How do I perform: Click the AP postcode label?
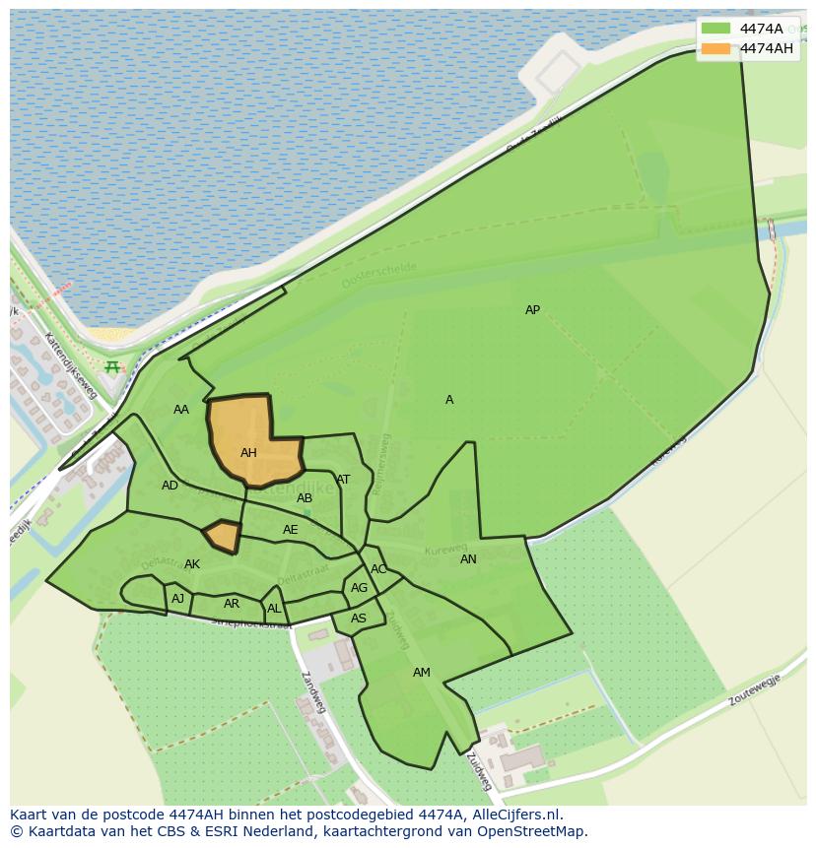pyautogui.click(x=532, y=310)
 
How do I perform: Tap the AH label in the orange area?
pyautogui.click(x=248, y=453)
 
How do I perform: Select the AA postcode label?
pyautogui.click(x=181, y=410)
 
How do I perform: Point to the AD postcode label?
pyautogui.click(x=170, y=486)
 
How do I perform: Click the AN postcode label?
pyautogui.click(x=468, y=559)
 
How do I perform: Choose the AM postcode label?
pyautogui.click(x=421, y=673)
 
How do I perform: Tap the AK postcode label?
pyautogui.click(x=192, y=564)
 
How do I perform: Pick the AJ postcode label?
pyautogui.click(x=177, y=599)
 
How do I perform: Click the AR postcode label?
pyautogui.click(x=232, y=604)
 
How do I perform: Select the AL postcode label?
pyautogui.click(x=274, y=609)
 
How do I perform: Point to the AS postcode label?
pyautogui.click(x=359, y=619)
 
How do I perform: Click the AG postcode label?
pyautogui.click(x=359, y=588)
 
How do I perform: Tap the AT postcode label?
pyautogui.click(x=343, y=480)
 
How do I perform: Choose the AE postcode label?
pyautogui.click(x=290, y=530)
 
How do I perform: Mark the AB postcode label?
pyautogui.click(x=305, y=498)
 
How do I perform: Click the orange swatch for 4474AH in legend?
pyautogui.click(x=716, y=48)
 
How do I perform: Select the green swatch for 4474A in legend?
pyautogui.click(x=716, y=29)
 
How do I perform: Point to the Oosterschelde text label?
pyautogui.click(x=379, y=275)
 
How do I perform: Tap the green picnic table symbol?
pyautogui.click(x=112, y=367)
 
